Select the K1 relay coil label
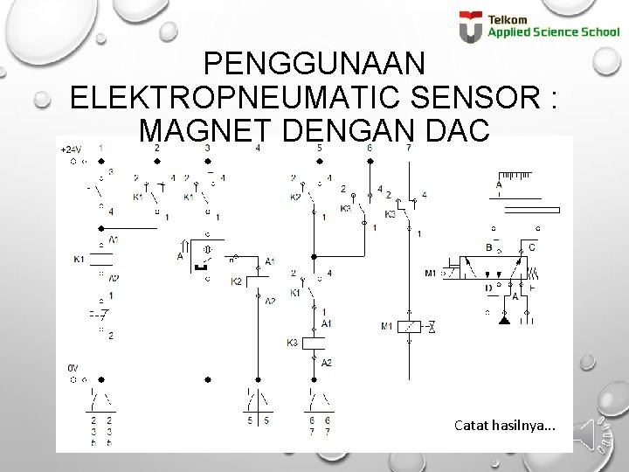(79, 259)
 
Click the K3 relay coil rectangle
(314, 343)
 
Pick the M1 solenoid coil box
(409, 326)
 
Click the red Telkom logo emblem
(471, 26)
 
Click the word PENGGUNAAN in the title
(314, 64)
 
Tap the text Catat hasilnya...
(504, 426)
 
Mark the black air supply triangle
(504, 320)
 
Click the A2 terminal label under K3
(327, 363)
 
